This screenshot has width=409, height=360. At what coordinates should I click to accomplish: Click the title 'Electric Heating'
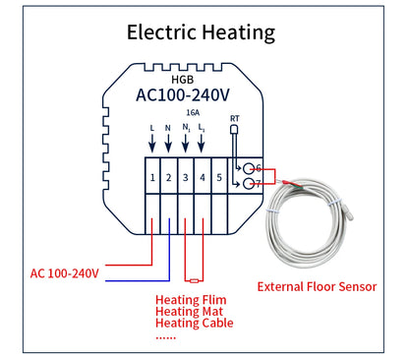[202, 31]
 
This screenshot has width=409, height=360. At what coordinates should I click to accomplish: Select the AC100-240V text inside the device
[186, 95]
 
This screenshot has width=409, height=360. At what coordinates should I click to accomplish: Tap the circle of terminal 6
[251, 168]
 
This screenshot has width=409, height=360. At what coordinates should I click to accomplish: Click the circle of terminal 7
[251, 183]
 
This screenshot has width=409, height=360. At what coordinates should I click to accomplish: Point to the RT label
[234, 119]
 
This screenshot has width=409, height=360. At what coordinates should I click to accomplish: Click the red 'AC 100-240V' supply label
[65, 272]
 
